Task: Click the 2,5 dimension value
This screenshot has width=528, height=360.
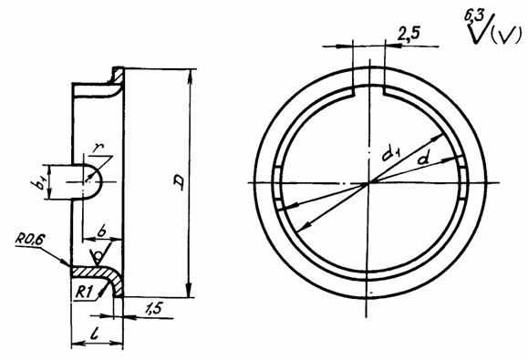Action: (x=409, y=34)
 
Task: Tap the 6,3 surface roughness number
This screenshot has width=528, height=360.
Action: (x=474, y=16)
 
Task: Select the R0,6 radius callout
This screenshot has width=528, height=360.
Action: (x=30, y=240)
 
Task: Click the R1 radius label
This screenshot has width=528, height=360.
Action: (x=84, y=292)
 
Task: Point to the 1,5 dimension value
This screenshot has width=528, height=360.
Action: (x=154, y=308)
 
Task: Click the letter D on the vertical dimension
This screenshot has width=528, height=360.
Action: (x=179, y=182)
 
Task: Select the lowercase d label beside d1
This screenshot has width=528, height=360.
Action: (x=424, y=157)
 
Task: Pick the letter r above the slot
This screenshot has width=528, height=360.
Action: (x=98, y=149)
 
